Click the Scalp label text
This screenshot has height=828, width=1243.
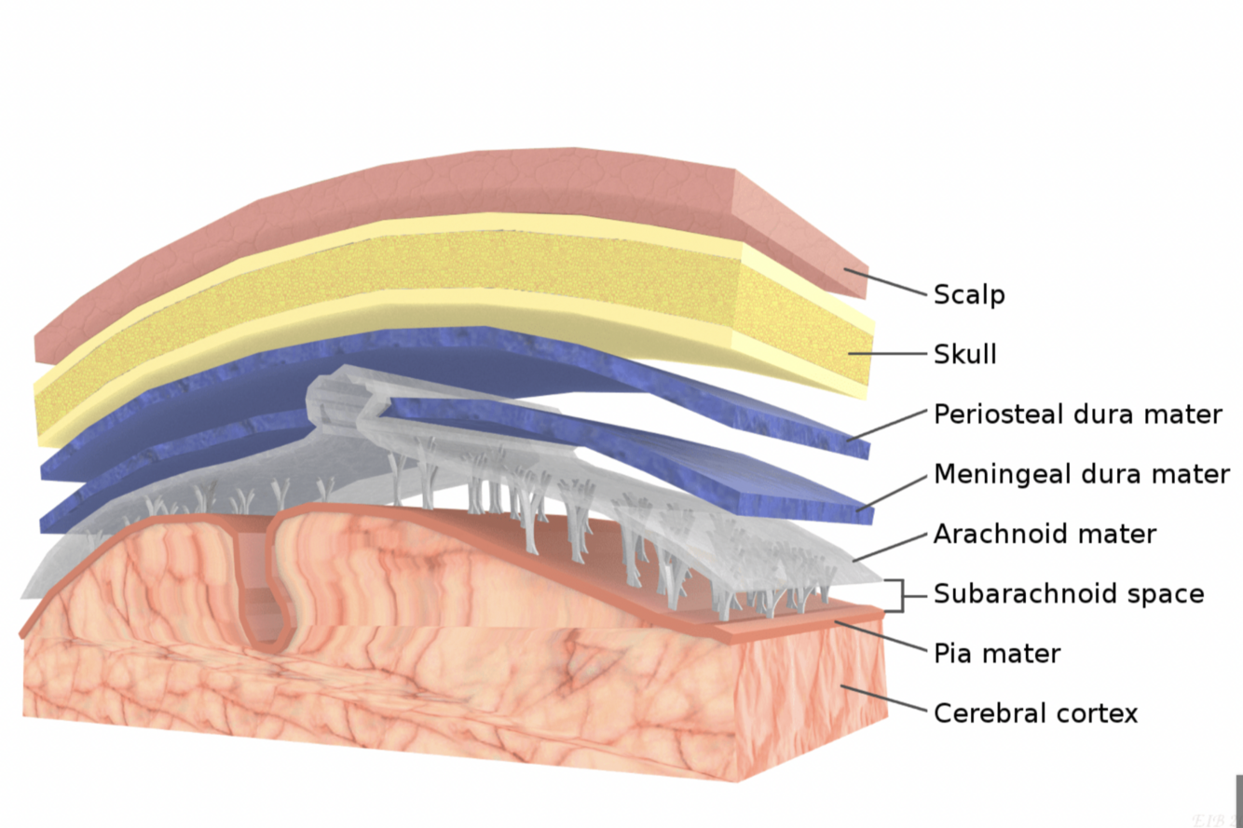(969, 295)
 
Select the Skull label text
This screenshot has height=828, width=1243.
(964, 355)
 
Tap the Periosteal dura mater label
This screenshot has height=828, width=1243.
(1077, 414)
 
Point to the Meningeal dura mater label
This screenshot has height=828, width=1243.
(1081, 474)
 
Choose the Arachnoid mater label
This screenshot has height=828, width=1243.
(1044, 535)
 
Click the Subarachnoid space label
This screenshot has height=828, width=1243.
(1068, 594)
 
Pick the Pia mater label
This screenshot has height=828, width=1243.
(996, 654)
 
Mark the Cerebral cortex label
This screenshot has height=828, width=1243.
(1035, 713)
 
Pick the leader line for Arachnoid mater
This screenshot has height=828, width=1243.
(891, 548)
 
